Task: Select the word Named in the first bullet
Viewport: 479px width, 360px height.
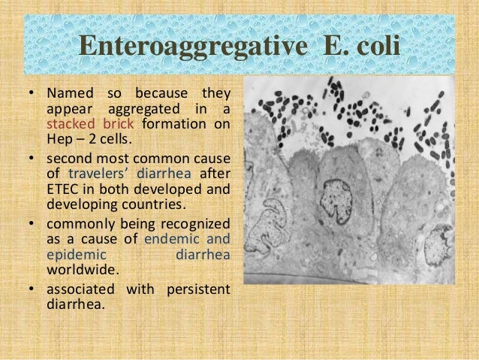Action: (x=68, y=94)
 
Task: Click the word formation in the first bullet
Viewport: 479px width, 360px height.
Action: (x=173, y=124)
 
